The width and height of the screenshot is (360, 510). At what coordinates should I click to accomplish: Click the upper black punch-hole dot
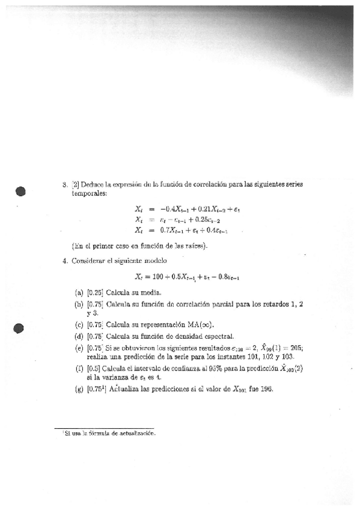pyautogui.click(x=21, y=191)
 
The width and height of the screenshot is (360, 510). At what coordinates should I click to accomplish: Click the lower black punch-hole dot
pyautogui.click(x=21, y=328)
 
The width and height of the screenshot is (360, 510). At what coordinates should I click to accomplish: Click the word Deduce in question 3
pyautogui.click(x=93, y=185)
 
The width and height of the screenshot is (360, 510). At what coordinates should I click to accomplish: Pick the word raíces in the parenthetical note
pyautogui.click(x=191, y=245)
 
